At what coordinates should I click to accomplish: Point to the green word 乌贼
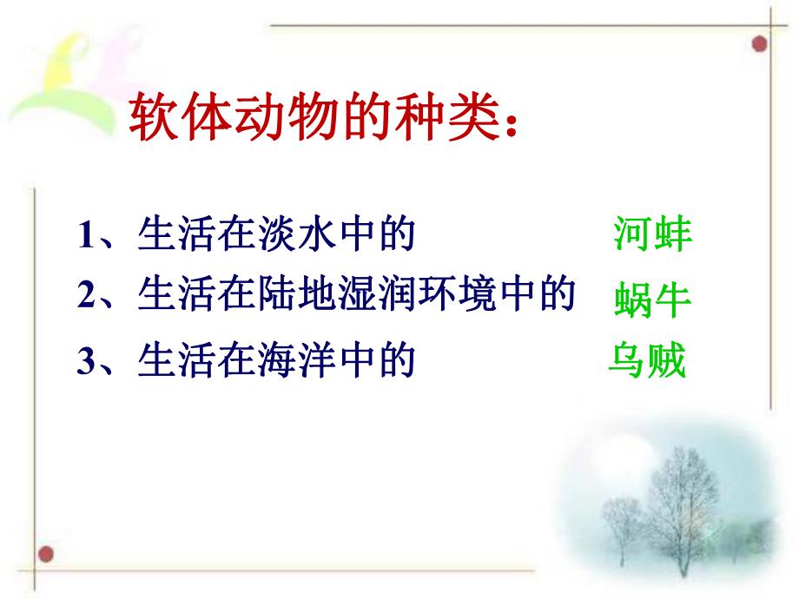tap(647, 360)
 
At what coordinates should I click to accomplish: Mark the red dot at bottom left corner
tap(48, 553)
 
